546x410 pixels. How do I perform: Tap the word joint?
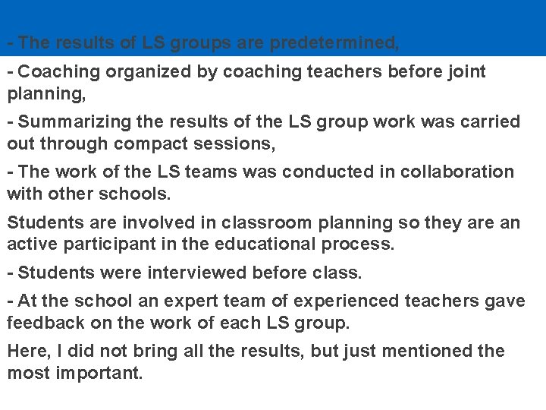click(463, 72)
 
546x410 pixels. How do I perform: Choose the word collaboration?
click(444, 172)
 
